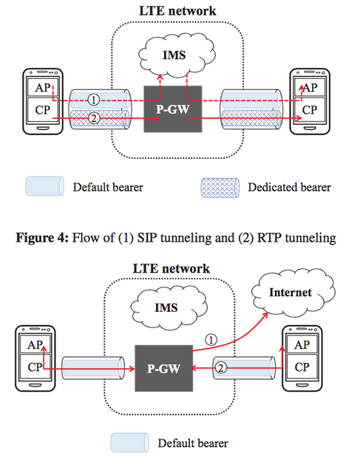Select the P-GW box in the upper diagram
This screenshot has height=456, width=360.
[173, 109]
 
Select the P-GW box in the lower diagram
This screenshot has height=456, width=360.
[163, 368]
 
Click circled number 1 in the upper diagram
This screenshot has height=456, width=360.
[93, 100]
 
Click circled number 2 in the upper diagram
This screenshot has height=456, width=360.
[94, 118]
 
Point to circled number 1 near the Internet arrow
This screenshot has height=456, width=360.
[211, 340]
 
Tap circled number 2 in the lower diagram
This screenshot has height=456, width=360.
[221, 368]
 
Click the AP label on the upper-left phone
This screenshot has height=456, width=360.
[42, 87]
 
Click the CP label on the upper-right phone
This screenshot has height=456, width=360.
[310, 110]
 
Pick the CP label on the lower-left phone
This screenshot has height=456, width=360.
[35, 367]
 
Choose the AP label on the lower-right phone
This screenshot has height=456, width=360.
[302, 345]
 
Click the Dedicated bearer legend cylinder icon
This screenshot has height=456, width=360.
[220, 188]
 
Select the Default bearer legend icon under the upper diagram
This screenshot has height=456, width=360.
[45, 186]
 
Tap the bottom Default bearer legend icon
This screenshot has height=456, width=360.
[129, 443]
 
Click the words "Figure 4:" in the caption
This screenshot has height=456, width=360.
[42, 237]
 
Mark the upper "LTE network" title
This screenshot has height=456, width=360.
[177, 11]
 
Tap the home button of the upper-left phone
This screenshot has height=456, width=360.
[43, 129]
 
